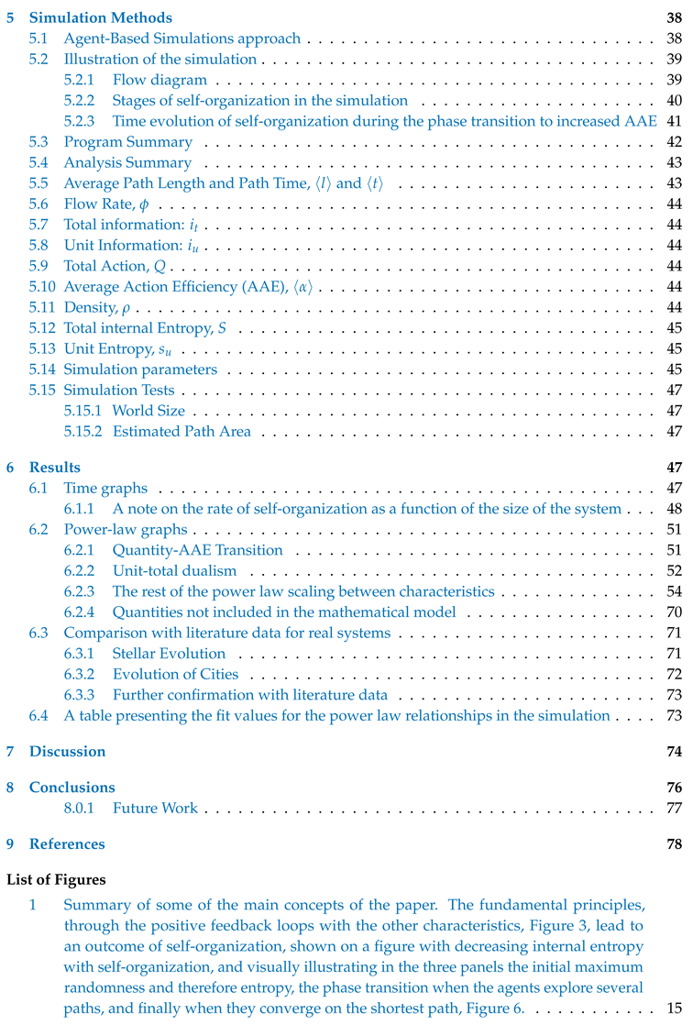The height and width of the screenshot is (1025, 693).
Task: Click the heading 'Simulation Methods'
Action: [x=100, y=17]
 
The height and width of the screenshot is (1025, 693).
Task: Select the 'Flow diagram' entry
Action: [x=159, y=80]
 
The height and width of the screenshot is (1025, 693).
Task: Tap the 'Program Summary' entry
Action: [x=127, y=142]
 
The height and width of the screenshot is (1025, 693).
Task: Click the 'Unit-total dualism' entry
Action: [x=174, y=571]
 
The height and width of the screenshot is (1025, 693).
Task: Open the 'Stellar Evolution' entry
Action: [x=169, y=654]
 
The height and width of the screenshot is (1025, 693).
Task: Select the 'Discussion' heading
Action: [x=67, y=752]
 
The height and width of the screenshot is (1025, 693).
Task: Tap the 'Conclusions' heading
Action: [x=71, y=788]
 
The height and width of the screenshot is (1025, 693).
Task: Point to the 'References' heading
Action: [x=66, y=843]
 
